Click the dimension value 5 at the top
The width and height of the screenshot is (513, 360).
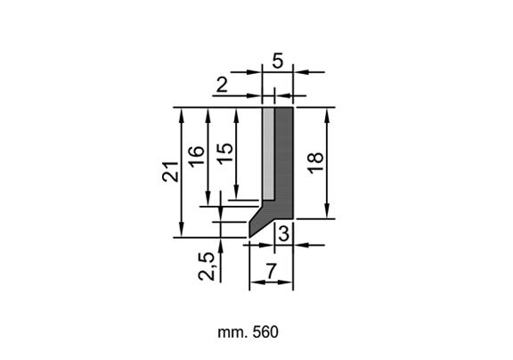278,61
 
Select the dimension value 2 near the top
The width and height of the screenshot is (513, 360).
222,85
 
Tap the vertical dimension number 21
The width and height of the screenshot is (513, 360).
170,171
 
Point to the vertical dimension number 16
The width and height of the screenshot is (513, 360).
198,157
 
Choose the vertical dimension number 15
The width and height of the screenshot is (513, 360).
225,153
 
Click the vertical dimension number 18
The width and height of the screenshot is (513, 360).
315,163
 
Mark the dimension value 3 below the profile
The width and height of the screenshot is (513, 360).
283,234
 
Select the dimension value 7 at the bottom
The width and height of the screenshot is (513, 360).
271,271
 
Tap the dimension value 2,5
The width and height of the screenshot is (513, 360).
207,266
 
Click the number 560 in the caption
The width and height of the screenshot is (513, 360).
265,332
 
